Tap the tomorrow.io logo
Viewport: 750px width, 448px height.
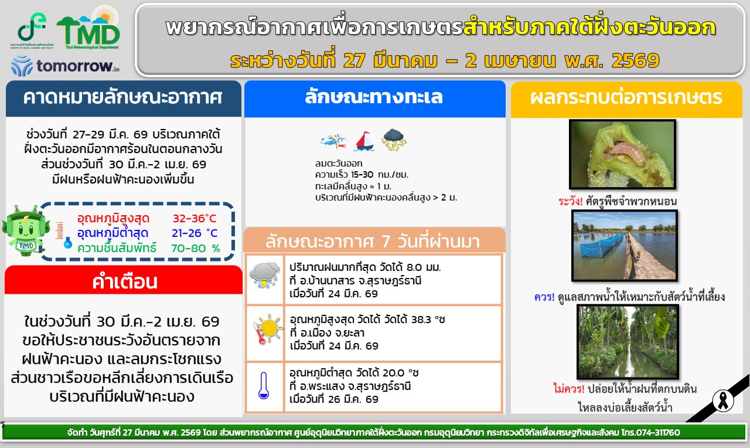(x=65, y=66)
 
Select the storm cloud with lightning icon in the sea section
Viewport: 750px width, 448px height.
(x=394, y=140)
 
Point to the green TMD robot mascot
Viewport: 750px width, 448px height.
(x=24, y=230)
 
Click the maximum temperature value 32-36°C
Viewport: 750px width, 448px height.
(x=195, y=219)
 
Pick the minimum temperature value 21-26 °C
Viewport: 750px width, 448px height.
(x=195, y=233)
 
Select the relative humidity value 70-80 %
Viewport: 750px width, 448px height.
(x=196, y=248)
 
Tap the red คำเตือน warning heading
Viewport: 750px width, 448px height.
(x=125, y=282)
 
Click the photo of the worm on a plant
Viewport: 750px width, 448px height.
(x=622, y=154)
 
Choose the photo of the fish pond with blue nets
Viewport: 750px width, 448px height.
(x=625, y=246)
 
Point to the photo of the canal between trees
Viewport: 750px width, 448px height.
(x=628, y=342)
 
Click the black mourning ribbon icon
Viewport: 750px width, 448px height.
(x=723, y=401)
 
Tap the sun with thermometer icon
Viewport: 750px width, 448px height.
(x=267, y=328)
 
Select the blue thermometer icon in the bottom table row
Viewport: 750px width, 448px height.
(x=264, y=385)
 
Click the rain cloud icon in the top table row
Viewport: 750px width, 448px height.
(x=265, y=276)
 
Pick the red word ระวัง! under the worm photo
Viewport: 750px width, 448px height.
(x=570, y=201)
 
